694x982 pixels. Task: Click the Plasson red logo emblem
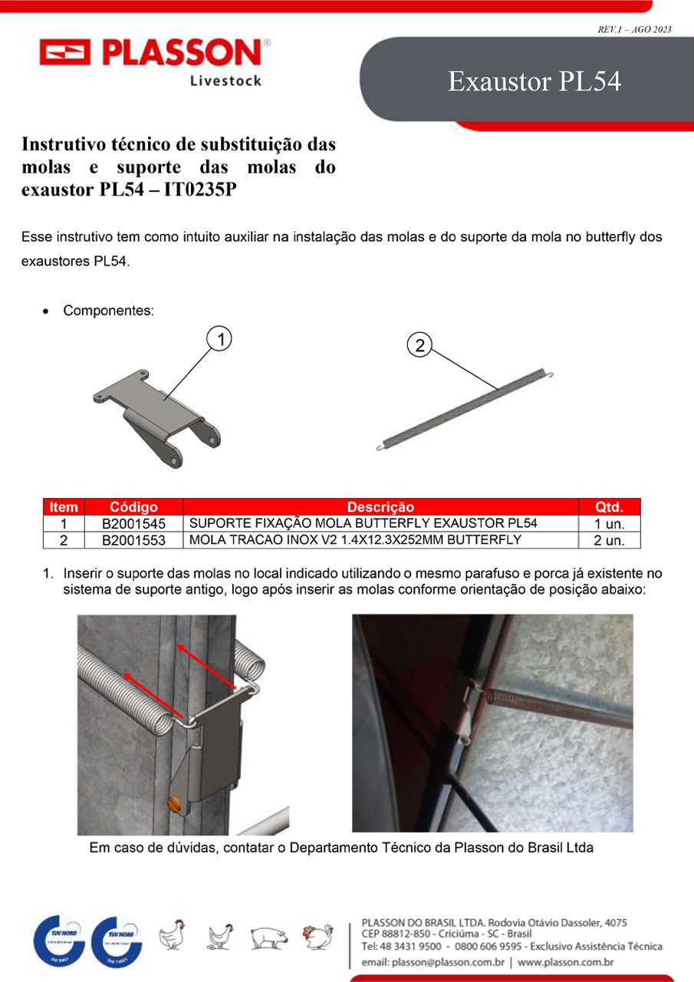click(x=65, y=52)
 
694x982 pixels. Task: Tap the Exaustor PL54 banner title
click(x=534, y=81)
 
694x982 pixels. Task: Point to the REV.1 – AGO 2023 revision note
click(x=634, y=29)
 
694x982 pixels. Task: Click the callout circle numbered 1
click(x=219, y=339)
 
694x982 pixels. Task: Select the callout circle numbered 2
click(x=419, y=344)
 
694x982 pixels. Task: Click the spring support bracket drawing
click(x=157, y=419)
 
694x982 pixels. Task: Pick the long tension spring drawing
click(x=465, y=409)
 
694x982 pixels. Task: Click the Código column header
click(x=133, y=507)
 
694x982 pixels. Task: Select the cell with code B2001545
click(x=133, y=523)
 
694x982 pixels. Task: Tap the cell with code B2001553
click(x=133, y=540)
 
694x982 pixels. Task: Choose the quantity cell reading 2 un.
click(x=609, y=540)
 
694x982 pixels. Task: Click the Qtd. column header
click(x=609, y=507)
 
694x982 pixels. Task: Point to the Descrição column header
click(x=380, y=507)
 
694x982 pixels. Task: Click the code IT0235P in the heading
click(x=200, y=189)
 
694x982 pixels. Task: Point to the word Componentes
click(x=108, y=311)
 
